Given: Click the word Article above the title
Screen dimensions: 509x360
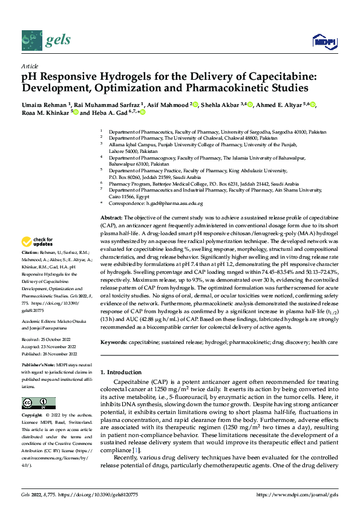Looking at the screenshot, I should [x=30, y=66].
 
